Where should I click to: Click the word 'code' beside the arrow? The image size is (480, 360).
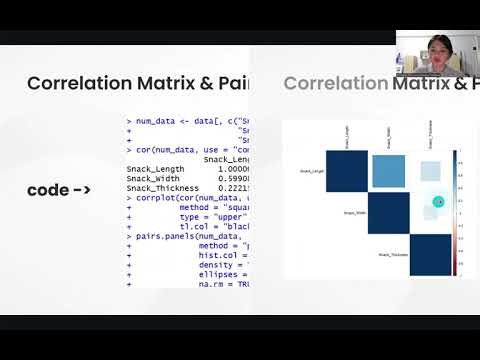coord(48,190)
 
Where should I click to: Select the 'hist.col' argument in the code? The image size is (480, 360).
coord(216,255)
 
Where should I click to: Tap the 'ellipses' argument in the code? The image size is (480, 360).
coord(216,274)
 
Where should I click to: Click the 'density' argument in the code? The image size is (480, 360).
coord(214,264)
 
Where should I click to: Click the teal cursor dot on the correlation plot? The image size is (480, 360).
coord(438,203)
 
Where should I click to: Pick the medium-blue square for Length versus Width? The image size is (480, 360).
coord(388,169)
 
